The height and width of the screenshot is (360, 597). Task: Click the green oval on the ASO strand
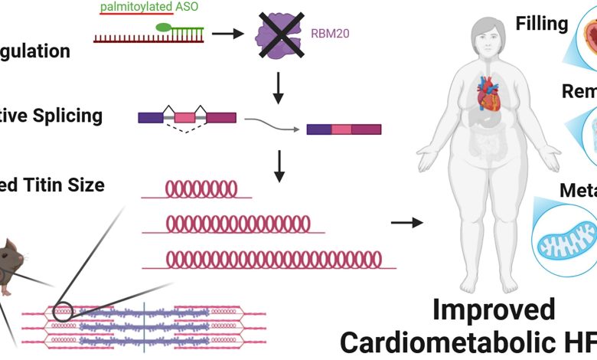(164, 28)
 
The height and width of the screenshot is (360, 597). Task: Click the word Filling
(541, 23)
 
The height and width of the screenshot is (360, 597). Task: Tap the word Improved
(493, 311)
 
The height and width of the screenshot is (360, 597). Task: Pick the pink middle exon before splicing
(184, 118)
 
